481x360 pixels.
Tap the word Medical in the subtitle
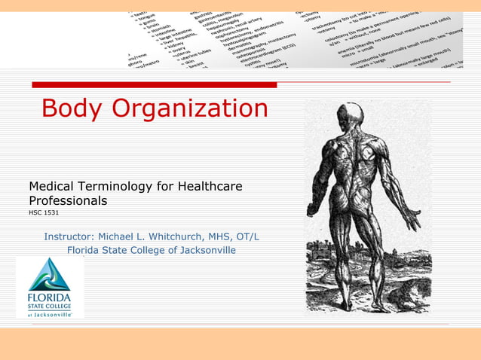[54, 186]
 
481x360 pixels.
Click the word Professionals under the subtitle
[68, 201]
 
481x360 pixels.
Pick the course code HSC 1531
[44, 213]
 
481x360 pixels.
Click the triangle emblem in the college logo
[50, 274]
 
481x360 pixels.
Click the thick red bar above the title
[152, 85]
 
